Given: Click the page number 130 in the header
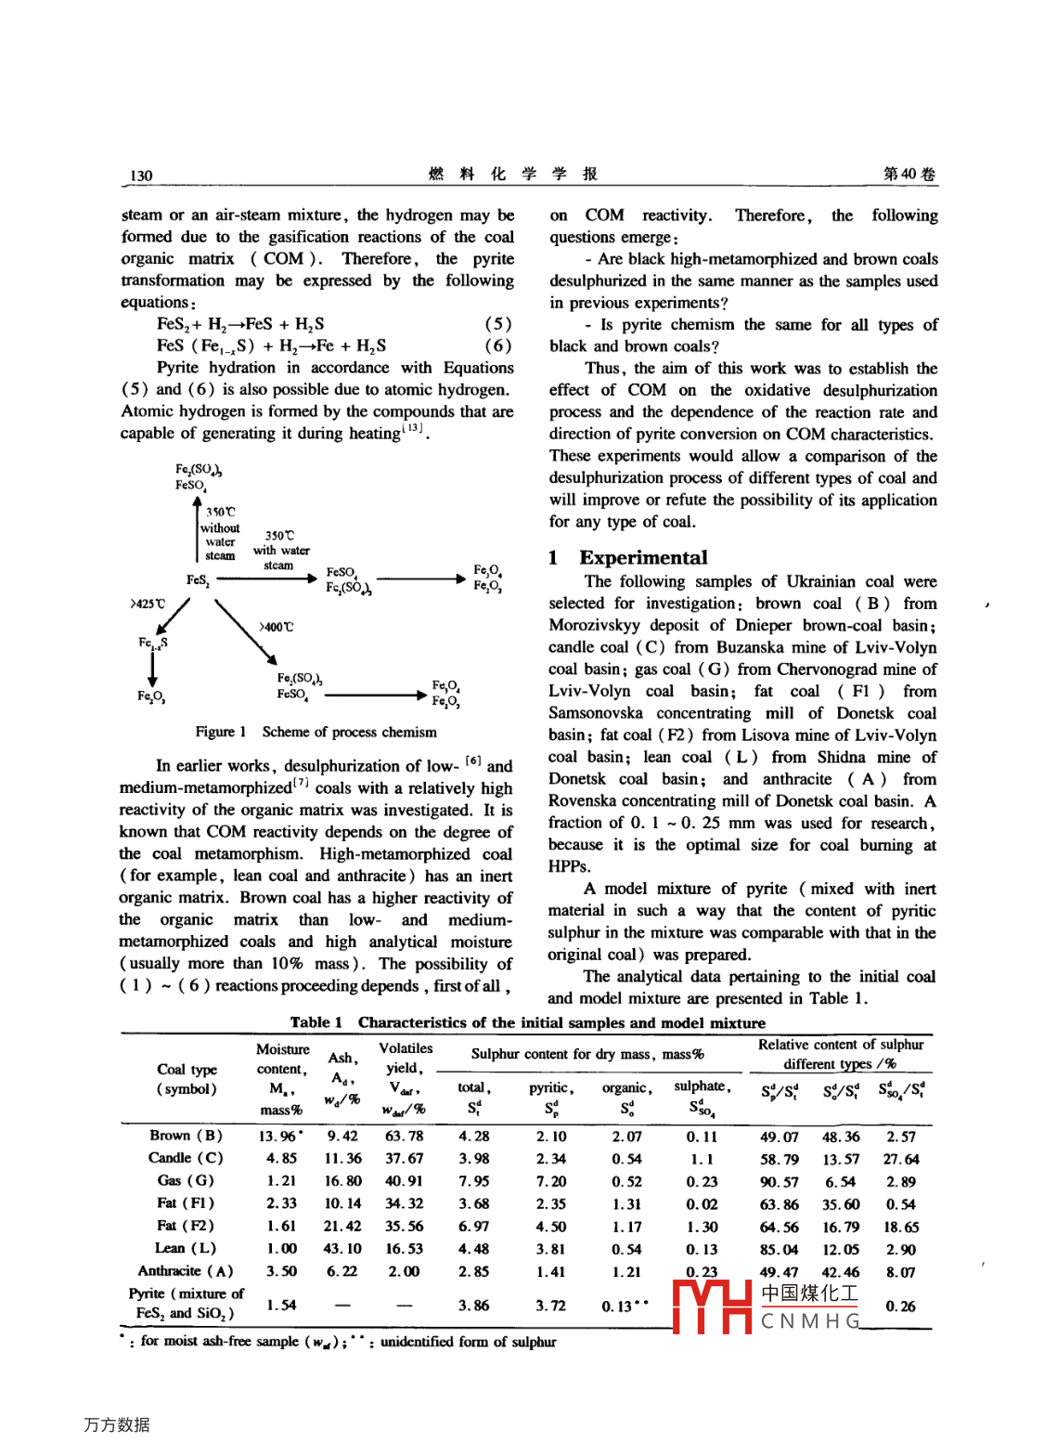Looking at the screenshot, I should (141, 175).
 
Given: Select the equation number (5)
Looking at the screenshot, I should (497, 324).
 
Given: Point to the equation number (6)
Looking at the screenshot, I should (497, 345).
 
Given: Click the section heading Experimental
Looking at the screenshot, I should (642, 557).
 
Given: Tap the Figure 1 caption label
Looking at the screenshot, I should (221, 732).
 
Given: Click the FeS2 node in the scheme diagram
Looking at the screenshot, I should (198, 580).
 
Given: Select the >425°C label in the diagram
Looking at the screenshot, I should (148, 604).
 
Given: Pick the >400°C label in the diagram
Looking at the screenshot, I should (276, 628).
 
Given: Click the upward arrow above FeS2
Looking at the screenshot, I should (197, 529).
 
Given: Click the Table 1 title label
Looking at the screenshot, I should (316, 1022).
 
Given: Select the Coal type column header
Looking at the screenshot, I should (187, 1078).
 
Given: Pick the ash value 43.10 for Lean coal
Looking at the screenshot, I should (342, 1249).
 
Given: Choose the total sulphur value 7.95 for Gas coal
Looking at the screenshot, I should (473, 1181).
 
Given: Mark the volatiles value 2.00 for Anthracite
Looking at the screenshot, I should (404, 1271).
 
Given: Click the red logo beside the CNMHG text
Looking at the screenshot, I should (712, 1306).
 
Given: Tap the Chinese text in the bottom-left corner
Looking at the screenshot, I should (117, 1424).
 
